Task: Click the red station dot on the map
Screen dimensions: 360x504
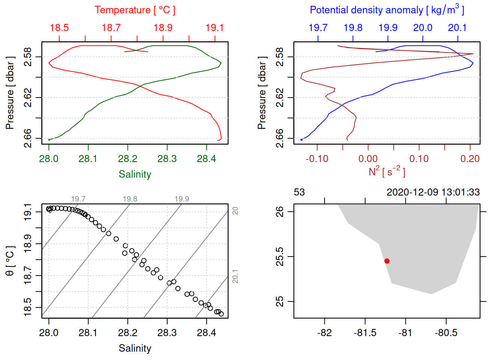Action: point(387,261)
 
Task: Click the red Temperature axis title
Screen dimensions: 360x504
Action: point(135,10)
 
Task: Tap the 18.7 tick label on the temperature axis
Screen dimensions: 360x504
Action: point(111,28)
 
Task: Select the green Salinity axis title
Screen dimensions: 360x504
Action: point(135,174)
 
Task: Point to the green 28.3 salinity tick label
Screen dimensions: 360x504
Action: point(167,159)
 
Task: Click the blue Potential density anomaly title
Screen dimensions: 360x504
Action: point(387,10)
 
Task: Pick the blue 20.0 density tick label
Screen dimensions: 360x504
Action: point(423,28)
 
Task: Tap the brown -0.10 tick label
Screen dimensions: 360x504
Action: point(317,159)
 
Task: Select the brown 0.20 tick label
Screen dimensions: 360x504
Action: point(470,159)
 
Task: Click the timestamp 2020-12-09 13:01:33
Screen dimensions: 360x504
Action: point(433,192)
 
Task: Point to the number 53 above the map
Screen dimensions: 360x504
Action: point(299,192)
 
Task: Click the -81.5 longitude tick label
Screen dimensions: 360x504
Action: point(365,333)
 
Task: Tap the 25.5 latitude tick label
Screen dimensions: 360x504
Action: point(280,256)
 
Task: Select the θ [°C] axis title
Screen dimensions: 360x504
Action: point(10,261)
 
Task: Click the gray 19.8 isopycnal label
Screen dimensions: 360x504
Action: point(130,199)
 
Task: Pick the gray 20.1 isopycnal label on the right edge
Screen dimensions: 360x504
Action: point(235,276)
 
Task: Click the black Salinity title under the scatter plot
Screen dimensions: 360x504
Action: point(135,348)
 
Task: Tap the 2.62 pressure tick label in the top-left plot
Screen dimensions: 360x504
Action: point(28,97)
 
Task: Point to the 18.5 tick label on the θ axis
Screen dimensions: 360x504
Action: point(28,307)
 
